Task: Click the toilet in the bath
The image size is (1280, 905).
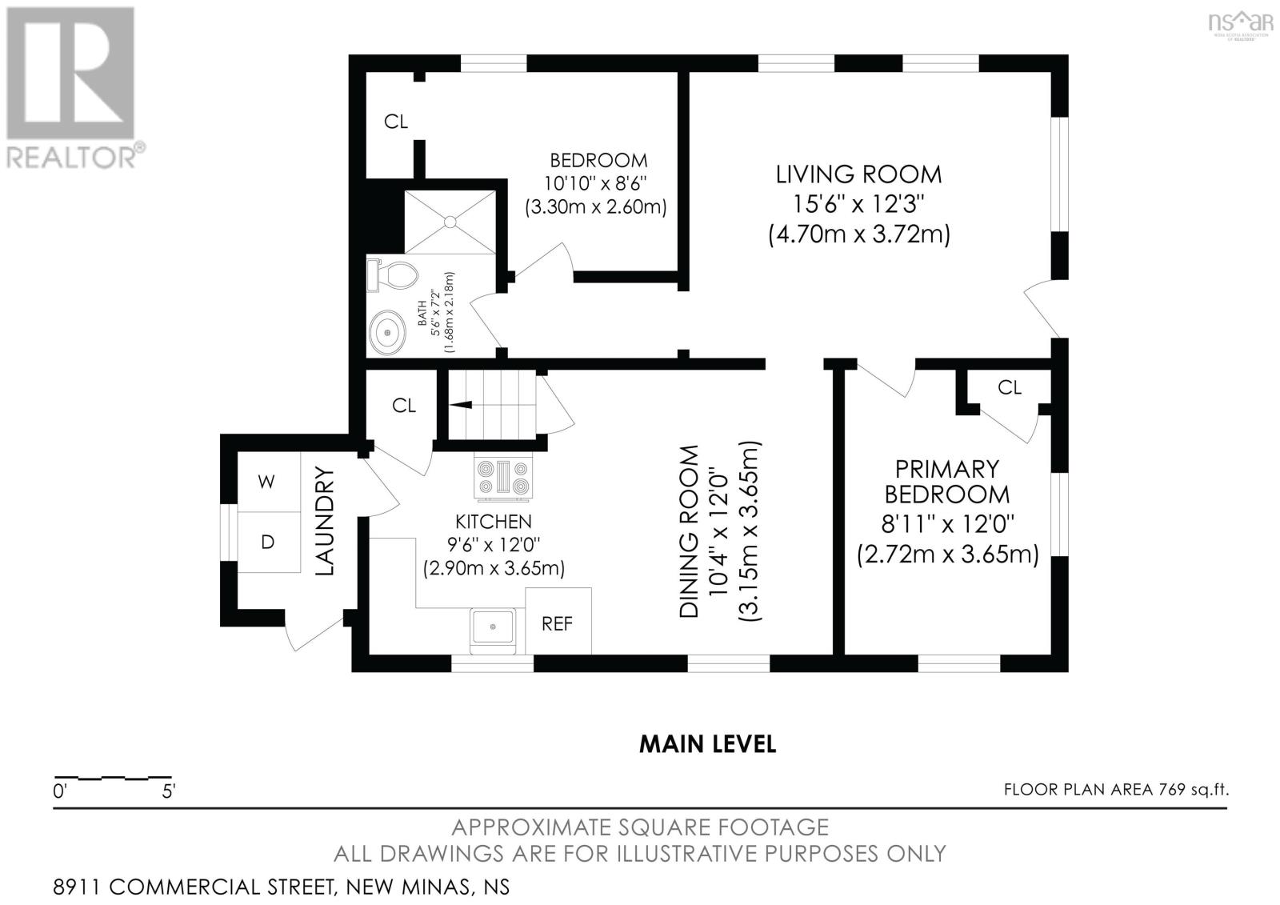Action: [393, 275]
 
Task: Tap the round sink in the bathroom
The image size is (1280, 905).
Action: [387, 331]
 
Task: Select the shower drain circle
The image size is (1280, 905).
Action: [450, 222]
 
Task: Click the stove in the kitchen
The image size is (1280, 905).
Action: [503, 478]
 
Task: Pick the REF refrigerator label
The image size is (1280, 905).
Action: [557, 623]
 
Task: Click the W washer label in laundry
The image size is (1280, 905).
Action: [266, 482]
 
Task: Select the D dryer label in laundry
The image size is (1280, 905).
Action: [267, 542]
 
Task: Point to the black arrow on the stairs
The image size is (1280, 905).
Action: [461, 405]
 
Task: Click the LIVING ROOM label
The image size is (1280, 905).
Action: [858, 174]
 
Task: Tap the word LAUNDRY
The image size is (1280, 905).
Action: [324, 521]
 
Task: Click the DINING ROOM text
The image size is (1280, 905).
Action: [689, 531]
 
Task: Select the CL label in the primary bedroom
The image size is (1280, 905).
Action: [1009, 387]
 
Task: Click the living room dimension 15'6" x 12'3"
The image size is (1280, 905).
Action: [858, 204]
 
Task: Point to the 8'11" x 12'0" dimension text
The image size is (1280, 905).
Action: [947, 523]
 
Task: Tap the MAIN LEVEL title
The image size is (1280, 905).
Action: [707, 744]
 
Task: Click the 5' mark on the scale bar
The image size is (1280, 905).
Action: [169, 791]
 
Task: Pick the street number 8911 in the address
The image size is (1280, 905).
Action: [77, 887]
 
